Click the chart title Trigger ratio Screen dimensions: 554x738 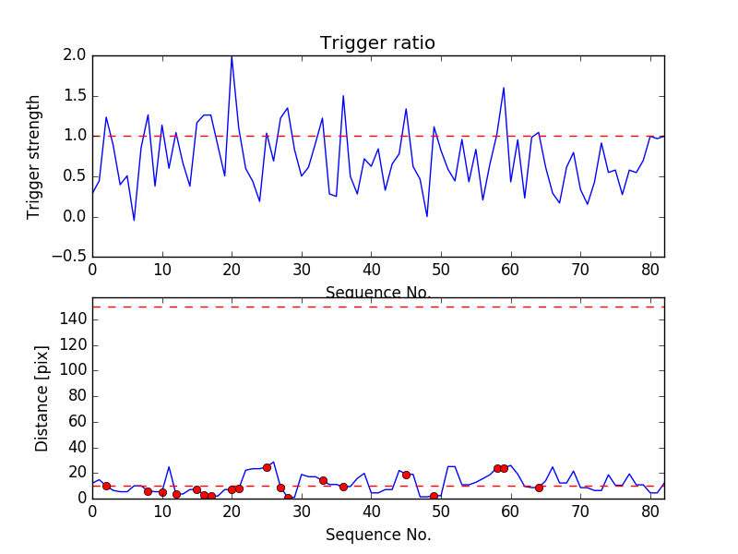[377, 43]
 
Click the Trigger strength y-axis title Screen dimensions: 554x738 [34, 156]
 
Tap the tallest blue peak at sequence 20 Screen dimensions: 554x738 [232, 56]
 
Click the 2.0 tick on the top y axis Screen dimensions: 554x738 [75, 55]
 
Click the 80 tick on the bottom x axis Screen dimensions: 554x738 [650, 514]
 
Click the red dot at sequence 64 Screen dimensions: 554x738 [539, 488]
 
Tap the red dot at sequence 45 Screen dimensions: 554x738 [406, 475]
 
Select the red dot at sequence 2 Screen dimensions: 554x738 [106, 486]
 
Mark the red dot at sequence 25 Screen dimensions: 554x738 [267, 467]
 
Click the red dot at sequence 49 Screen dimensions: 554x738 [434, 496]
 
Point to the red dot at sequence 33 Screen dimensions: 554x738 [323, 480]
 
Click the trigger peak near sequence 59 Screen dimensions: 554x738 [504, 88]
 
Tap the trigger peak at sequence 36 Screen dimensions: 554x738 [343, 95]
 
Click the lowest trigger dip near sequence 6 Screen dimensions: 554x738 [134, 220]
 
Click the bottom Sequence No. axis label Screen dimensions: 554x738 [377, 535]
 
